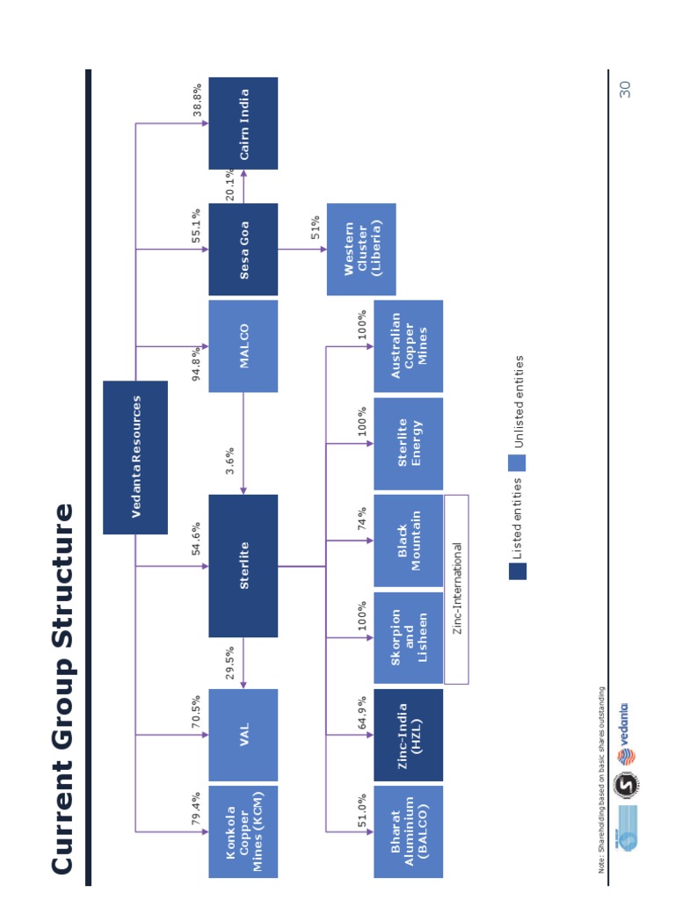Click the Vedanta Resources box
(x=135, y=457)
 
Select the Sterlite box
(x=243, y=565)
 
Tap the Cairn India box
(x=243, y=123)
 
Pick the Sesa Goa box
(x=243, y=250)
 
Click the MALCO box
(x=243, y=346)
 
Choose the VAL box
(x=243, y=735)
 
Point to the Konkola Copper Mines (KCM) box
(x=243, y=831)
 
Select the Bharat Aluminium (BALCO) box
(x=409, y=831)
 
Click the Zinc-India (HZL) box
(x=409, y=735)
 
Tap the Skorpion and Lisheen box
(x=409, y=637)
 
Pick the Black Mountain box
(x=409, y=541)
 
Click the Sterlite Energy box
(x=409, y=443)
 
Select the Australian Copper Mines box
(x=409, y=346)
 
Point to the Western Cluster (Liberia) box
(x=361, y=250)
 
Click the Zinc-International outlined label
(x=456, y=589)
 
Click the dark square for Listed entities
(x=518, y=571)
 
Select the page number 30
(x=625, y=89)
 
